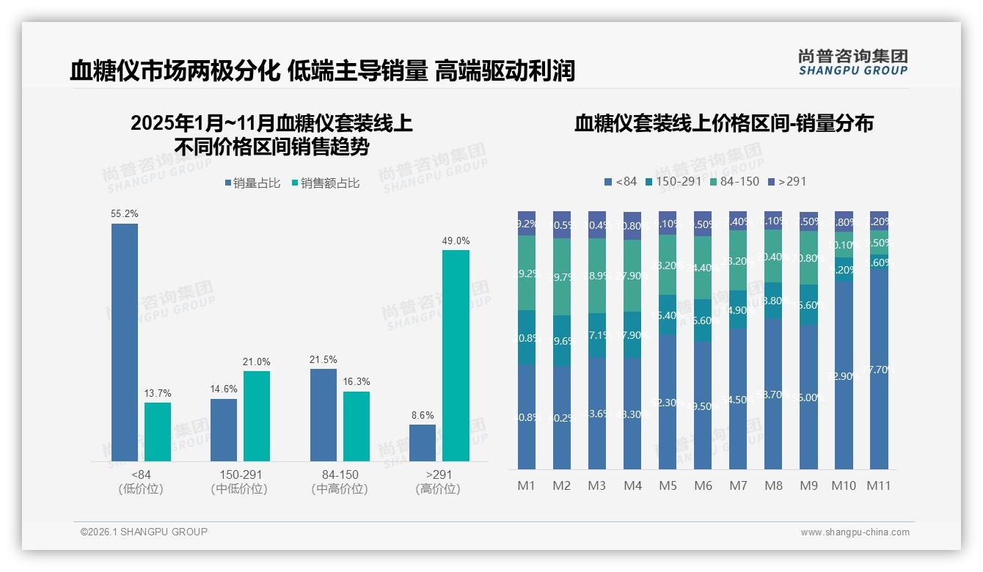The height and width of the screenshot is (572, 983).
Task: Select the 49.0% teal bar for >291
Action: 456,356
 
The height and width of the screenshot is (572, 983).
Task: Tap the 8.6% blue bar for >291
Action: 423,443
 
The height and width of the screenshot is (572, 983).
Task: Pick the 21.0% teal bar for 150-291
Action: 257,416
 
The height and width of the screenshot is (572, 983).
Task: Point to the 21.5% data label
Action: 324,360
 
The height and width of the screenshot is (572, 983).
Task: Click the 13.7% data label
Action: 158,394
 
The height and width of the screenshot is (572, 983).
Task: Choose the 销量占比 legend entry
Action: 252,183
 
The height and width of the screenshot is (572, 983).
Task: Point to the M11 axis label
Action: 879,485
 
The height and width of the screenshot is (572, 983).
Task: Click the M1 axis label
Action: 527,485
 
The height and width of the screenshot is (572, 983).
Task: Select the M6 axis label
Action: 703,485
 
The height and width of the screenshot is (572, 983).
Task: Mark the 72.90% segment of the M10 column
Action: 844,375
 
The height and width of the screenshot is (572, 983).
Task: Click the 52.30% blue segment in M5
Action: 668,402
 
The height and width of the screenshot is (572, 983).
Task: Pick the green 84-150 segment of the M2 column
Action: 562,276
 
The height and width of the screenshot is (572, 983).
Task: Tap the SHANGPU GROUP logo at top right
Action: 852,62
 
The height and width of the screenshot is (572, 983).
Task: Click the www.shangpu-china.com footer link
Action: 855,532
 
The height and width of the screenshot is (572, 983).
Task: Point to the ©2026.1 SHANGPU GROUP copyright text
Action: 144,532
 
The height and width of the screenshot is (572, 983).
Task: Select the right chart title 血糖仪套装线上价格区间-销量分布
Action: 723,123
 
